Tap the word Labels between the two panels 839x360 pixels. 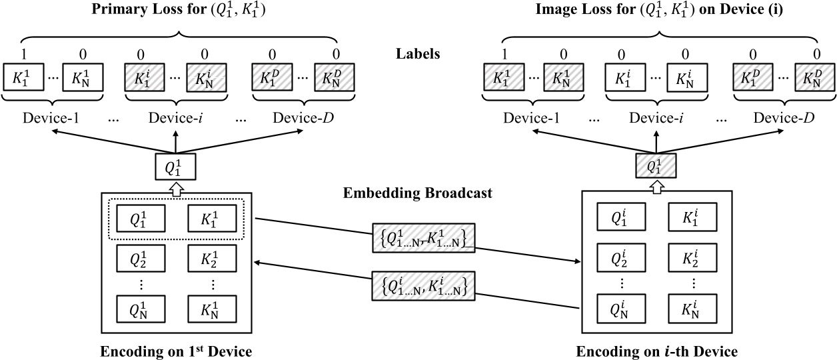[417, 54]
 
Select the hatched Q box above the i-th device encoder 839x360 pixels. [656, 166]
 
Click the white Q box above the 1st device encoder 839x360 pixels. [176, 166]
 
